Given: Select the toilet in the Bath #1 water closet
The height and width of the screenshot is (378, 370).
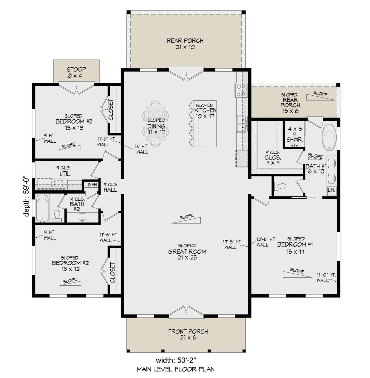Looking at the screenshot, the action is [280, 186].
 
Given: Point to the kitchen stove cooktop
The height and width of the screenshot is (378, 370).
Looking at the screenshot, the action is [241, 90].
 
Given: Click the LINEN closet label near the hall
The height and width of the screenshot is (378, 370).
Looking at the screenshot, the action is [91, 185].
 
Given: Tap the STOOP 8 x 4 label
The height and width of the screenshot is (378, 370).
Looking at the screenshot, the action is [76, 73].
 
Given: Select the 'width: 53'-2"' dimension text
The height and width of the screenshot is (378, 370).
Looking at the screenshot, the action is [176, 360].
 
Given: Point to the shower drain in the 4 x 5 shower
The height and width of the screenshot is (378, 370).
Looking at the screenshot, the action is [294, 134].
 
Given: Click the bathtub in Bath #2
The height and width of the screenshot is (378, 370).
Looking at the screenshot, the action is [42, 208].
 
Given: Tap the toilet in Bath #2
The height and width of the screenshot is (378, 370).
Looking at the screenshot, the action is [57, 216].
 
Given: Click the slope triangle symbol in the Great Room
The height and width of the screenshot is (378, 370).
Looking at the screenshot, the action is [186, 220].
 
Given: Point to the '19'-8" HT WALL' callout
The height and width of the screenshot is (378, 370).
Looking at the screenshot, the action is [232, 244].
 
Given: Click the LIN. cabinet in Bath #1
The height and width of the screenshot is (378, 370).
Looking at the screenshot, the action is [331, 190].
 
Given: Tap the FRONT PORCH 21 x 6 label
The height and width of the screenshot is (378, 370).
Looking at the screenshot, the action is [188, 334].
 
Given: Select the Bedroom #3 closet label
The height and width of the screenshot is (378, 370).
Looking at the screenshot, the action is [111, 110].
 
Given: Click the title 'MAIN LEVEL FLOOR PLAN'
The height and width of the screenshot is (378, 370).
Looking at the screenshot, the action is [176, 369].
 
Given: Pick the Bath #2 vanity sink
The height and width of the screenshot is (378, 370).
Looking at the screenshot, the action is [82, 217].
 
